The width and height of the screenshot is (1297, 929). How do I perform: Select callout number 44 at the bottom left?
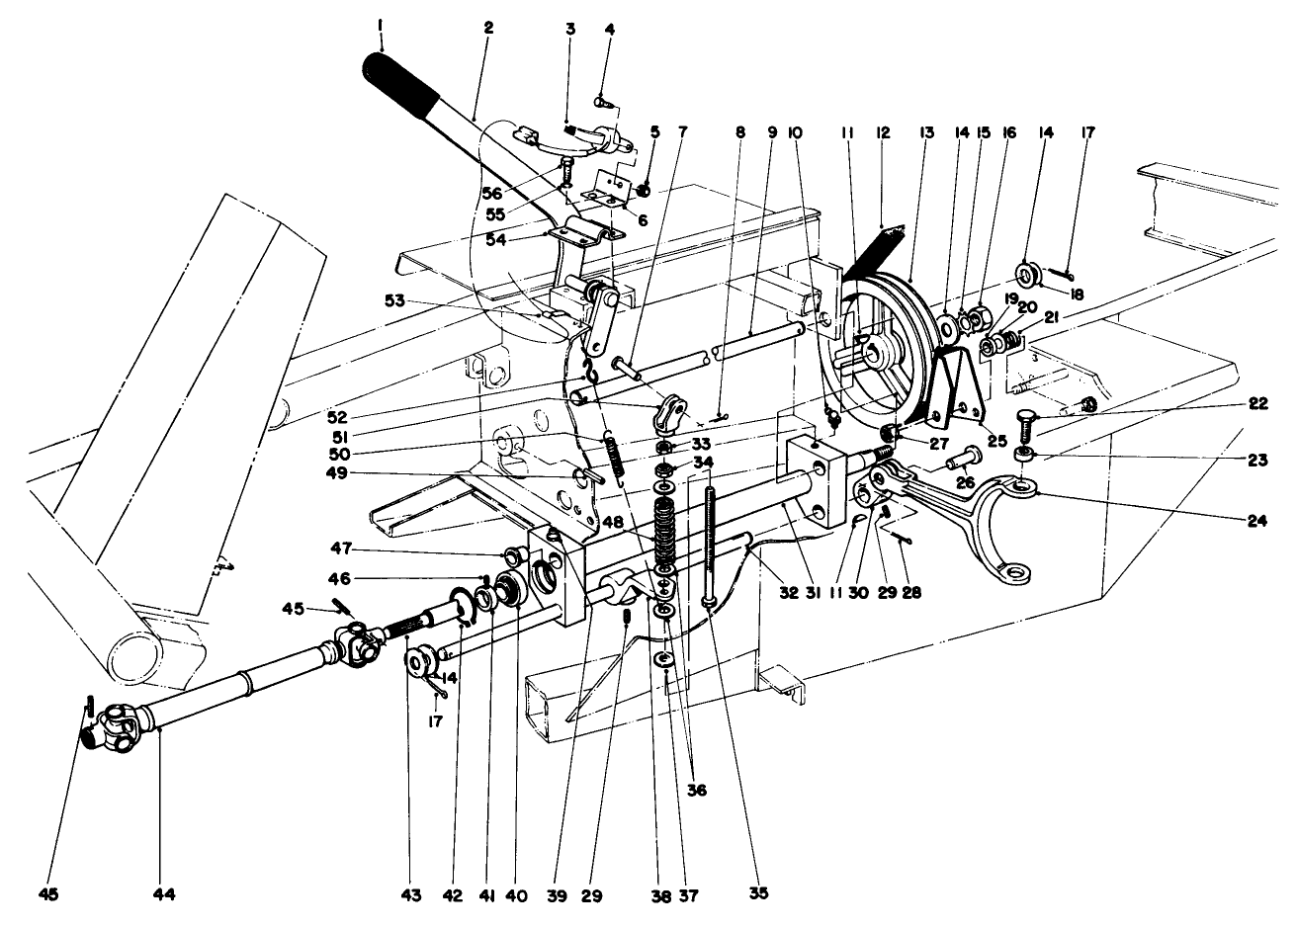click(164, 894)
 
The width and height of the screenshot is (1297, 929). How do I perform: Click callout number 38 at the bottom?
click(659, 895)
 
